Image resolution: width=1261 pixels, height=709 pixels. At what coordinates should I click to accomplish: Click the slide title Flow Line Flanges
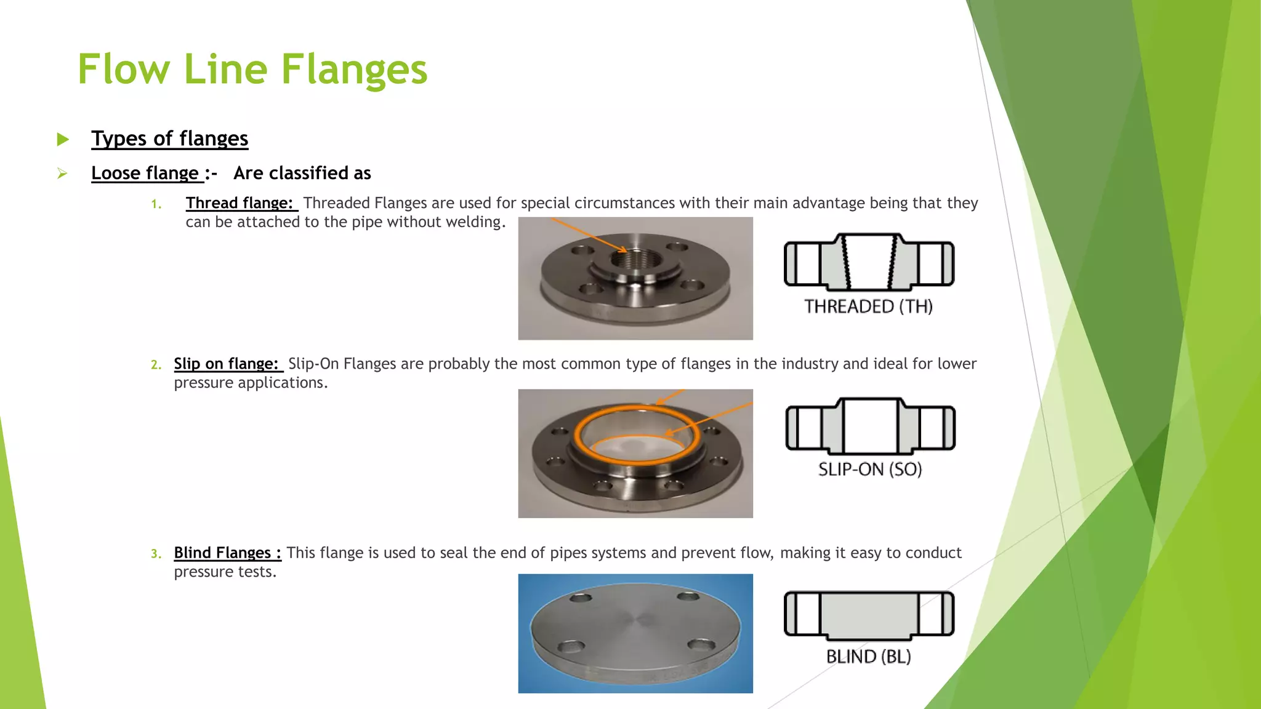click(252, 69)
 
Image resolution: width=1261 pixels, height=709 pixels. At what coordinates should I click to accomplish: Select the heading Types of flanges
click(169, 138)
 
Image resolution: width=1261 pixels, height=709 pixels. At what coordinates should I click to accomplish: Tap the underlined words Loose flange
click(145, 173)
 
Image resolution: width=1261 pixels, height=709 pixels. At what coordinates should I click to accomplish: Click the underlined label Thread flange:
click(240, 203)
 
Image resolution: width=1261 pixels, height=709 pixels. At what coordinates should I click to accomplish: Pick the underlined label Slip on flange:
click(227, 364)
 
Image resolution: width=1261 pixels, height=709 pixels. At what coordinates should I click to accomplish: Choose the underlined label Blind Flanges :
click(227, 553)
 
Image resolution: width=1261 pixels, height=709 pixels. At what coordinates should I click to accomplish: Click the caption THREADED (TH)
click(868, 306)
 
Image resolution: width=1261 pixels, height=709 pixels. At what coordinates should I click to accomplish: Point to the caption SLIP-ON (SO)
click(869, 470)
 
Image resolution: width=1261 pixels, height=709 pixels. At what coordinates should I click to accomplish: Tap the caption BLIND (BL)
click(868, 657)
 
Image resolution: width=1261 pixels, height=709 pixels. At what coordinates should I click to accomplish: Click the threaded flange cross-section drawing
click(869, 262)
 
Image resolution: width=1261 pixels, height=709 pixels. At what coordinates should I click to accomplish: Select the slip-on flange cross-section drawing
click(870, 427)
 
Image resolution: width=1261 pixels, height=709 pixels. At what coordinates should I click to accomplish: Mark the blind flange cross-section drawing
click(869, 614)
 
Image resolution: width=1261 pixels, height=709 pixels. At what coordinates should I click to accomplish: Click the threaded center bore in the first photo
click(635, 261)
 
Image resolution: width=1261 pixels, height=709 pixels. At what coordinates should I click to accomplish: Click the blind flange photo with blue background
click(635, 634)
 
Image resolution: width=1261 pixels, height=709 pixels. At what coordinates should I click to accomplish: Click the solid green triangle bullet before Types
click(63, 139)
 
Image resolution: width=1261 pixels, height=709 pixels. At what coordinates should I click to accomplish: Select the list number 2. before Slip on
click(156, 365)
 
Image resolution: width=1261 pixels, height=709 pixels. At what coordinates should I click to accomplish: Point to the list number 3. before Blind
click(156, 554)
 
